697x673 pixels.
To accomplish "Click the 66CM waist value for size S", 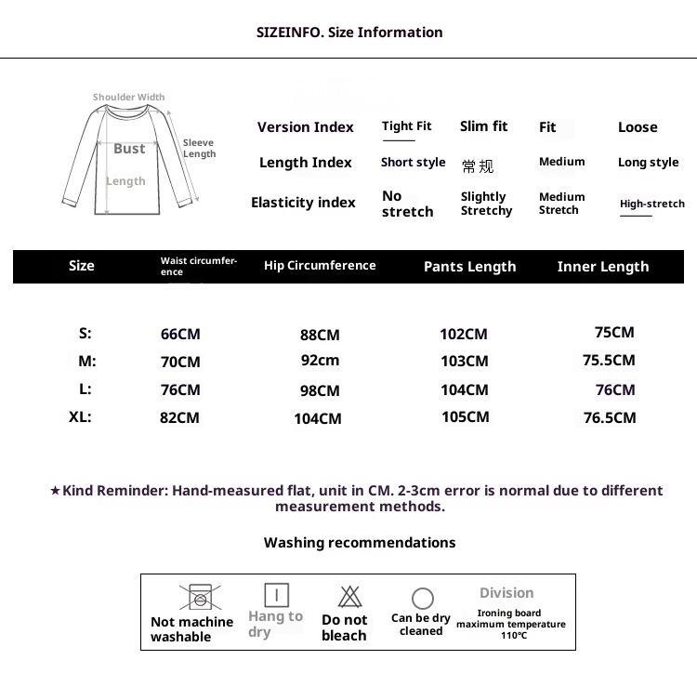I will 180,334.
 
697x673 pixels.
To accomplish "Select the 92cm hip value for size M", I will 320,361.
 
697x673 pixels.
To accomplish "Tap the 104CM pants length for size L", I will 464,390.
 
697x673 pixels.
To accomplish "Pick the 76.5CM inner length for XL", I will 610,418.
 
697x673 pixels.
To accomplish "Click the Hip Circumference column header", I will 320,266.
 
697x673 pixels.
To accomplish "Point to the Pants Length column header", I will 469,267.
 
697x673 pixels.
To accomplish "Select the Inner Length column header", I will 603,267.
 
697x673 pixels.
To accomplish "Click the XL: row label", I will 80,417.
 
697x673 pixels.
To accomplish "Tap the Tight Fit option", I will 406,126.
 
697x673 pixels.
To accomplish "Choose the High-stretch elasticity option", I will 651,204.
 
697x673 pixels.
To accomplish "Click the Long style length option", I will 648,163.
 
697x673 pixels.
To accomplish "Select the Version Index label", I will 306,127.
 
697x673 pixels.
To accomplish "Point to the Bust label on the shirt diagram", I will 129,149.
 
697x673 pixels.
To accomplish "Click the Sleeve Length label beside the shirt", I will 199,148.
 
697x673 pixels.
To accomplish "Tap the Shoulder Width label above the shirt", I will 128,97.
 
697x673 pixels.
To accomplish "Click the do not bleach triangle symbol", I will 349,596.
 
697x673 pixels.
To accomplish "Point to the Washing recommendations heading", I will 360,543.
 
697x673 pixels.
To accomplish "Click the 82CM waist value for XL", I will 179,418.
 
